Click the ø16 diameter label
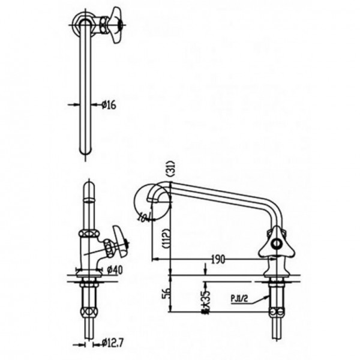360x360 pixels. click(x=109, y=105)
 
